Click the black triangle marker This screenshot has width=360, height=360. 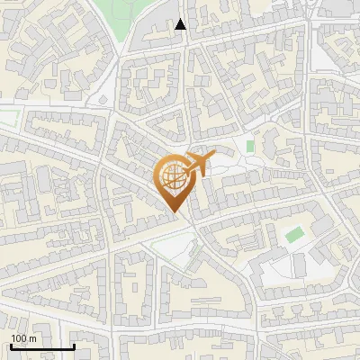click(x=181, y=24)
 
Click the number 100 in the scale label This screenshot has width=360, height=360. click(x=18, y=337)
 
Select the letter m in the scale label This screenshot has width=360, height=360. click(x=31, y=337)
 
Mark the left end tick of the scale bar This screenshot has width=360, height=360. click(x=11, y=346)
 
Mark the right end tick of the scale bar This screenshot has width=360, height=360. click(x=74, y=346)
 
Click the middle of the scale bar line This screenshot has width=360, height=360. click(x=42, y=347)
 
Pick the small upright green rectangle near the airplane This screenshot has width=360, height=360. click(x=250, y=145)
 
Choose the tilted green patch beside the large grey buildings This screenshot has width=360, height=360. click(x=294, y=236)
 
